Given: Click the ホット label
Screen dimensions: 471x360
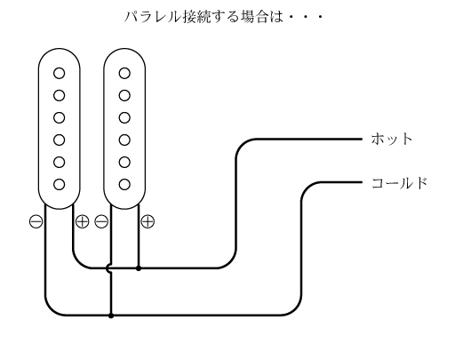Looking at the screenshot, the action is (392, 140).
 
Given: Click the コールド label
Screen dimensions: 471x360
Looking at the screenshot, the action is (399, 183).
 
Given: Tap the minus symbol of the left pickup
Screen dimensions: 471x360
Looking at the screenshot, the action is (36, 221).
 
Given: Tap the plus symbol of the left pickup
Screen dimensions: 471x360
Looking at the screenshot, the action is (83, 221).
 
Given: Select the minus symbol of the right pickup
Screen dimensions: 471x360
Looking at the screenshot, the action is (101, 221).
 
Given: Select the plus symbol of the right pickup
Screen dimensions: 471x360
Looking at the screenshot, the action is (148, 221).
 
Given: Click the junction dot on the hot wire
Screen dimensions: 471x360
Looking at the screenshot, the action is (139, 268).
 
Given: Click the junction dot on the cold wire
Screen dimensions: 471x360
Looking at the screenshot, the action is (111, 316).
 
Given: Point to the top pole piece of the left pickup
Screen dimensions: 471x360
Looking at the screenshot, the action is (60, 73).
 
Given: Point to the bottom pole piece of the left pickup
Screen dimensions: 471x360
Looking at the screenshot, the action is (60, 184).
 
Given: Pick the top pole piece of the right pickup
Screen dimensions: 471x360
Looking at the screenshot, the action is (124, 73).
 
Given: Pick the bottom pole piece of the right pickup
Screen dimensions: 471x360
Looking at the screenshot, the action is (124, 184).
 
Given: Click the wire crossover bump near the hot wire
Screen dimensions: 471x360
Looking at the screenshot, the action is (108, 268).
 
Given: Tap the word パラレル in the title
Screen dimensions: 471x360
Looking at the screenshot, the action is (153, 17).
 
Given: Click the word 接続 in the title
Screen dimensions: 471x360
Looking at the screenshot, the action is (196, 17).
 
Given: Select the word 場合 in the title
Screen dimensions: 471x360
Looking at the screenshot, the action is (254, 17).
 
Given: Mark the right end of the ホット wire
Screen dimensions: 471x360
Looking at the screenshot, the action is (363, 140).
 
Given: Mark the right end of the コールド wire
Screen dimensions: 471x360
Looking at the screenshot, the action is (363, 182).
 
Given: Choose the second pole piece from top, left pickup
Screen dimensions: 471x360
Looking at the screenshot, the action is (60, 96).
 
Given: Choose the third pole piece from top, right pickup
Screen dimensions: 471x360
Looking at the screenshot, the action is (124, 118).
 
